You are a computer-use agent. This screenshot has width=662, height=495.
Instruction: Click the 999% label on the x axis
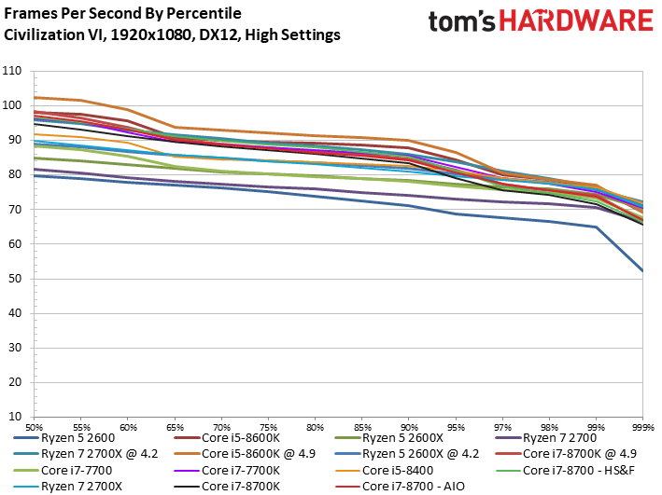641,426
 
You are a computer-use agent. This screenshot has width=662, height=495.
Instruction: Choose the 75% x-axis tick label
268,426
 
